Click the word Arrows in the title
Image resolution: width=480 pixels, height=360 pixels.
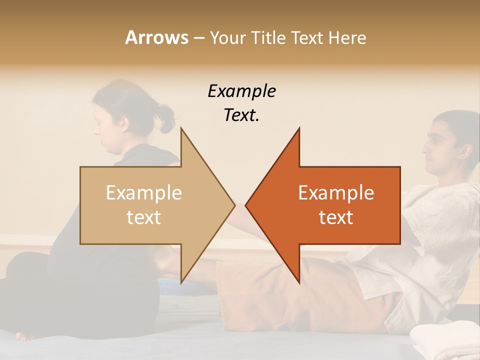pos(156,37)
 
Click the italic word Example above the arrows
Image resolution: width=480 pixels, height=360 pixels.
pos(241,91)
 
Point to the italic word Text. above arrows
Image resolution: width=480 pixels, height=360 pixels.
pos(241,115)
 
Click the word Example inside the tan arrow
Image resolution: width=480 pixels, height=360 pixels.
pos(144,192)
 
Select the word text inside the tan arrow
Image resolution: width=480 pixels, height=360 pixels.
pos(144,217)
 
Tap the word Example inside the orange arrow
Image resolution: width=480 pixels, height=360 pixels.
pos(336,192)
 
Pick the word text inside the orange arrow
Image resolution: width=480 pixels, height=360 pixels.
pos(336,217)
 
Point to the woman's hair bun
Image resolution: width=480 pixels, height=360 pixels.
pos(164,118)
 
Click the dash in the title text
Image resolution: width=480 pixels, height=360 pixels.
pos(198,38)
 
